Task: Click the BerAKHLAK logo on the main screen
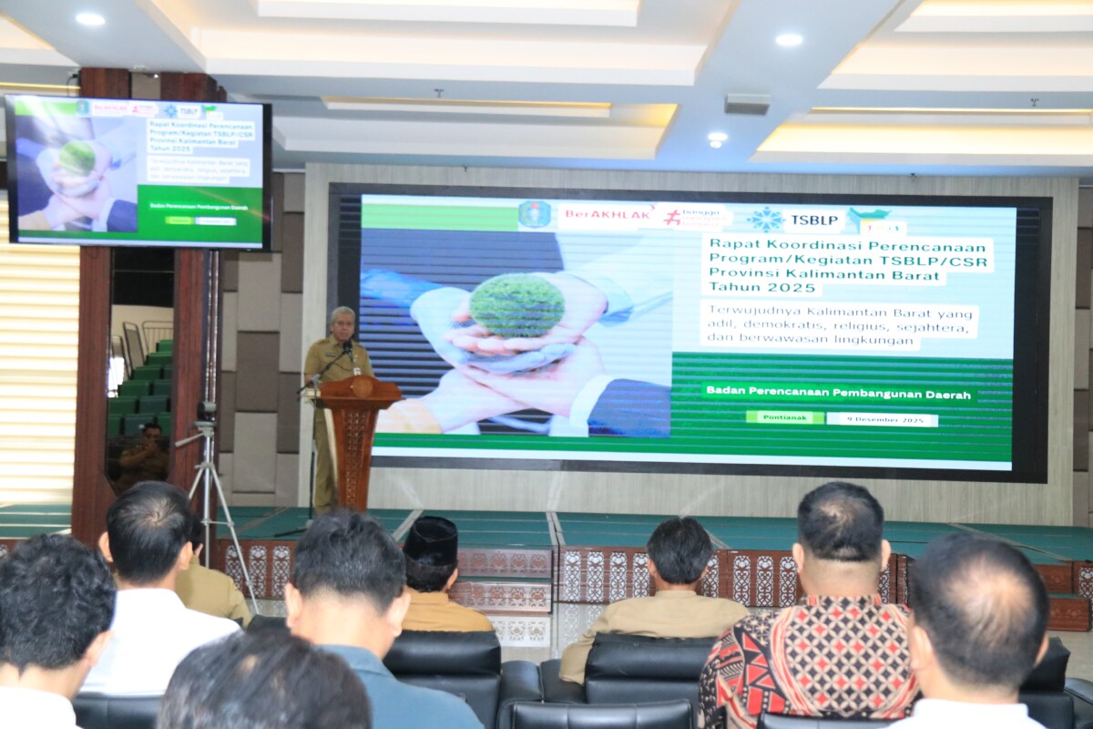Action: pos(608,217)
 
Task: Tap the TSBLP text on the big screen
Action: pos(814,220)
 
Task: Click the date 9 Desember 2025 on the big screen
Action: pos(882,419)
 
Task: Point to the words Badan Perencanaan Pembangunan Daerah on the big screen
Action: pos(838,393)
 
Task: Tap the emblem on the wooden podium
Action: pos(362,385)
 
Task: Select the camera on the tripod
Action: pos(207,412)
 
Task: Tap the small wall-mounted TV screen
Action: pos(138,171)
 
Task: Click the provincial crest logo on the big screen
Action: pos(535,215)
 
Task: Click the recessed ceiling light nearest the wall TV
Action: pos(89,18)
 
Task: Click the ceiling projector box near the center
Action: pos(746,104)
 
